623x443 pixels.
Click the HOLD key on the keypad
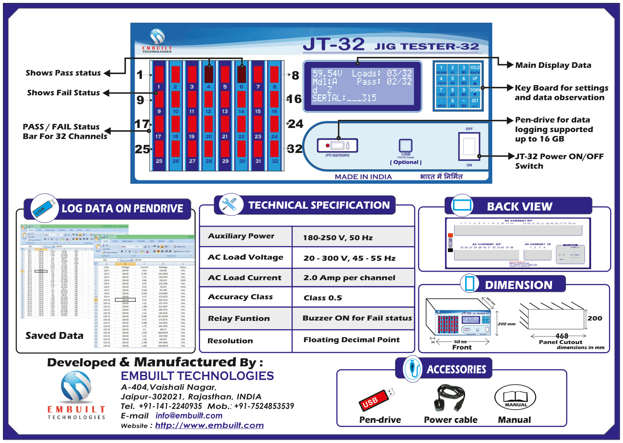[475, 69]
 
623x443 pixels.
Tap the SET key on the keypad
[475, 102]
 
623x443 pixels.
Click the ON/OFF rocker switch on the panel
[469, 146]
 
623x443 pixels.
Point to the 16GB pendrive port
[337, 146]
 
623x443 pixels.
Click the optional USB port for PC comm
[405, 146]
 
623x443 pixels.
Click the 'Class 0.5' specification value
[323, 298]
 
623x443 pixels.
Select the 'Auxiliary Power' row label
[241, 236]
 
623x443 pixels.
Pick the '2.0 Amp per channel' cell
[349, 278]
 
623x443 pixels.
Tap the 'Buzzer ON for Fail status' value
[357, 318]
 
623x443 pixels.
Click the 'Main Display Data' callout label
[553, 65]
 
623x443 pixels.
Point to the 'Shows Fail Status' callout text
[63, 93]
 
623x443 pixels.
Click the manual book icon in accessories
[515, 398]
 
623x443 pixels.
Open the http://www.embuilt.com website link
[209, 425]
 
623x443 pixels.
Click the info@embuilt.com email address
[189, 415]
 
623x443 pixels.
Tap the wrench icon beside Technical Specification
[229, 205]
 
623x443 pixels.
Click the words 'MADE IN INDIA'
[363, 177]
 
